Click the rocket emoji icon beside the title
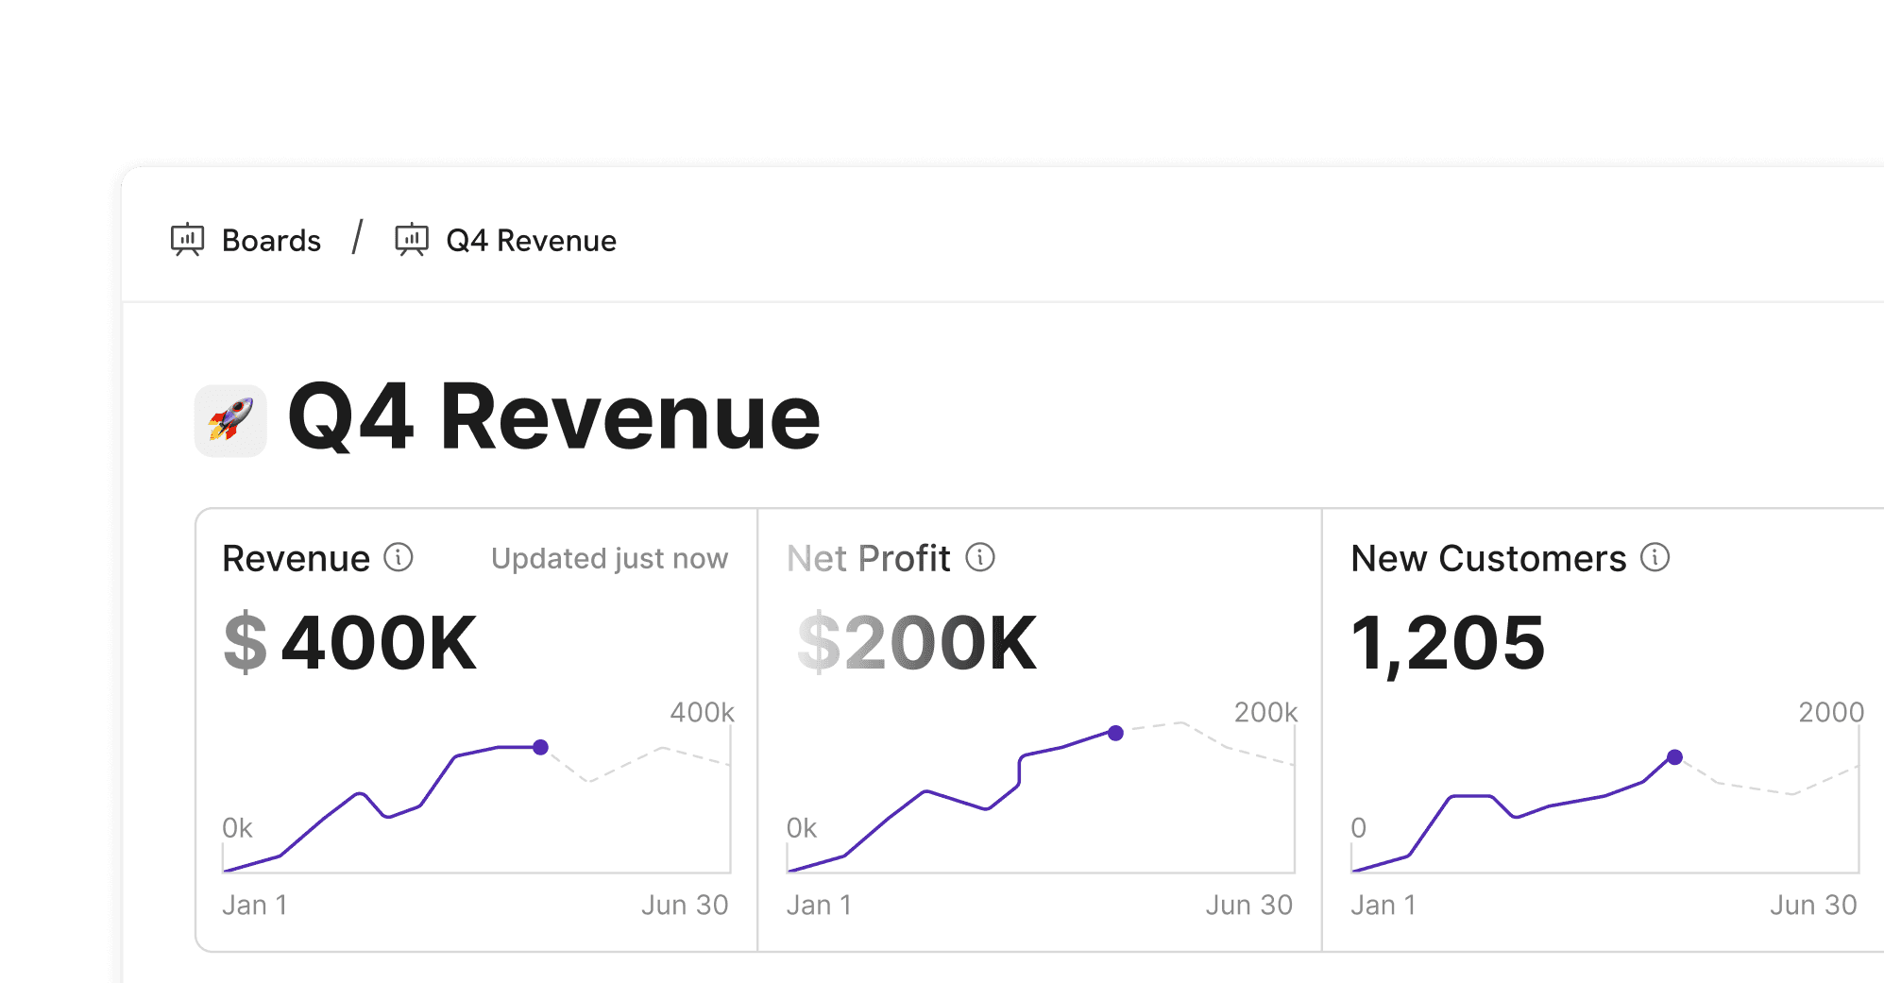230,420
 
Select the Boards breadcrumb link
270,241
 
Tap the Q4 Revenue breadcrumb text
531,241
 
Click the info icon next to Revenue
399,558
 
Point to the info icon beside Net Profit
980,558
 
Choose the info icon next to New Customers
1655,558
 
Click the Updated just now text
609,559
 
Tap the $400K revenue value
350,643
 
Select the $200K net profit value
917,643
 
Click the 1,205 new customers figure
1448,643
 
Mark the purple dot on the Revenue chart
540,747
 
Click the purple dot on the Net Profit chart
1115,733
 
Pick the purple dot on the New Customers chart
1674,757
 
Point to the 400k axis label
702,712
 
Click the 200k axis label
1265,712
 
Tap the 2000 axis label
1830,712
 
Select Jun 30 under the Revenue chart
685,905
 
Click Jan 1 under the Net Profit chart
819,905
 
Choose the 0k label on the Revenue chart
237,828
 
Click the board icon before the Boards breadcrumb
187,240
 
